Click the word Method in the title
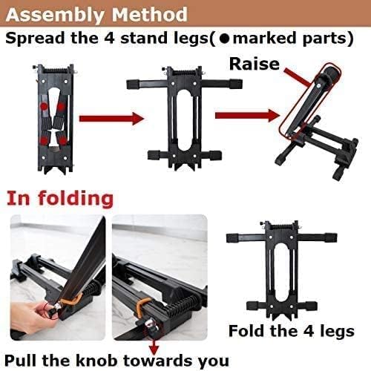click(x=150, y=14)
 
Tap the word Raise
click(x=255, y=64)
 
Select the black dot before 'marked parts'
click(x=225, y=39)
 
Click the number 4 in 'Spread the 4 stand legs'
click(x=109, y=39)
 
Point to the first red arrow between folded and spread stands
click(x=111, y=118)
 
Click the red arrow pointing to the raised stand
click(x=248, y=115)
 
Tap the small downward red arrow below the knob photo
click(x=154, y=347)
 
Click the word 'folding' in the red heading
click(x=76, y=199)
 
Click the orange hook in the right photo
click(x=142, y=306)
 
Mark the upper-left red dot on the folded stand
click(x=45, y=107)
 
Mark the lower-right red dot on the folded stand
click(x=64, y=141)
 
